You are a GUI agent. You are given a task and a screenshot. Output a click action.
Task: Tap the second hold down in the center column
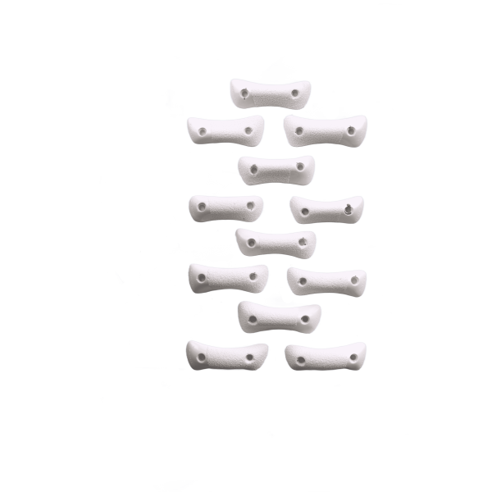tap(276, 170)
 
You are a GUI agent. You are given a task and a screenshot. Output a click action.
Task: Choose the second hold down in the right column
tap(326, 210)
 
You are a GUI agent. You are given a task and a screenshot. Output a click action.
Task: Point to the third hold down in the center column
tap(276, 243)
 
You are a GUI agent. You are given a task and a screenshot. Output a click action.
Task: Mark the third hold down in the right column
tap(326, 280)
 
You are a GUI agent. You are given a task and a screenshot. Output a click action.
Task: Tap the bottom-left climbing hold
tap(223, 355)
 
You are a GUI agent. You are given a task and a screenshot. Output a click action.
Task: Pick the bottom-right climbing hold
tap(326, 355)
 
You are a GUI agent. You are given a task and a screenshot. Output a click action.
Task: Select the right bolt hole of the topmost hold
tap(294, 93)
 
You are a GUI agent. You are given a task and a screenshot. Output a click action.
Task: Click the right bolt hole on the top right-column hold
tap(351, 130)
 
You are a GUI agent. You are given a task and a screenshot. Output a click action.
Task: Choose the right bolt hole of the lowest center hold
tap(304, 317)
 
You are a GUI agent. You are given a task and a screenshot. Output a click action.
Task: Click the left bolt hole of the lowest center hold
tap(252, 316)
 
